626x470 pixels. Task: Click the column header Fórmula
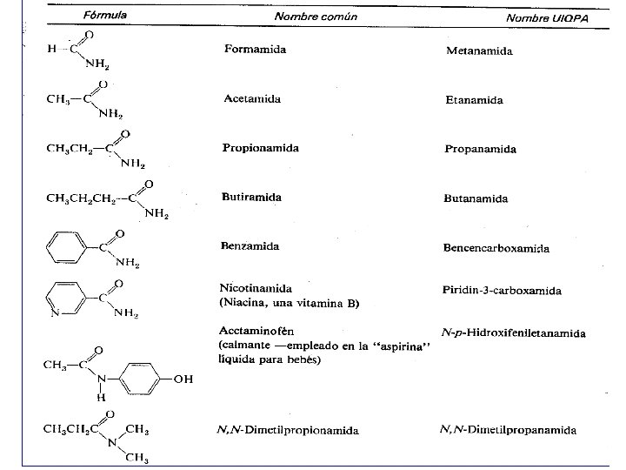coord(106,15)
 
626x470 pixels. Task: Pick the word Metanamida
coord(479,50)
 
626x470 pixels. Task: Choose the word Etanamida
coord(474,100)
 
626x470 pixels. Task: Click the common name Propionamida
coord(261,147)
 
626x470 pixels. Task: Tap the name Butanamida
coord(476,198)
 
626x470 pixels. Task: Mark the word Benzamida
coord(250,246)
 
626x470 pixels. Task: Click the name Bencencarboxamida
coord(496,248)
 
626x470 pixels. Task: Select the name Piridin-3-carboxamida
coord(503,291)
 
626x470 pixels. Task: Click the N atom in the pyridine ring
coord(54,311)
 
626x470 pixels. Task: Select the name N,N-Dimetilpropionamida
coord(289,430)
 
